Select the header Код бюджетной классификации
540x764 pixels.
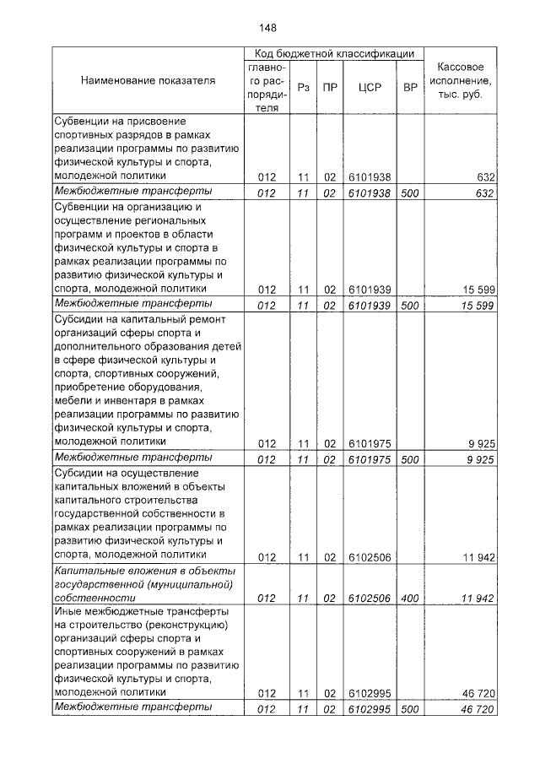click(334, 53)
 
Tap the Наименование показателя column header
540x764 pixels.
click(148, 81)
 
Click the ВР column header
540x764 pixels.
click(410, 87)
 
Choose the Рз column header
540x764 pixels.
click(304, 87)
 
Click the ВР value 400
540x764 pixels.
click(410, 598)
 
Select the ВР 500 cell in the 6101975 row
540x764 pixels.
click(410, 458)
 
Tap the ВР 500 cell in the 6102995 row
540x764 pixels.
click(410, 708)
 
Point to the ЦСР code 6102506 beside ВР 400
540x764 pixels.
click(370, 598)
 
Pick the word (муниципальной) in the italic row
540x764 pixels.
click(187, 584)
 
